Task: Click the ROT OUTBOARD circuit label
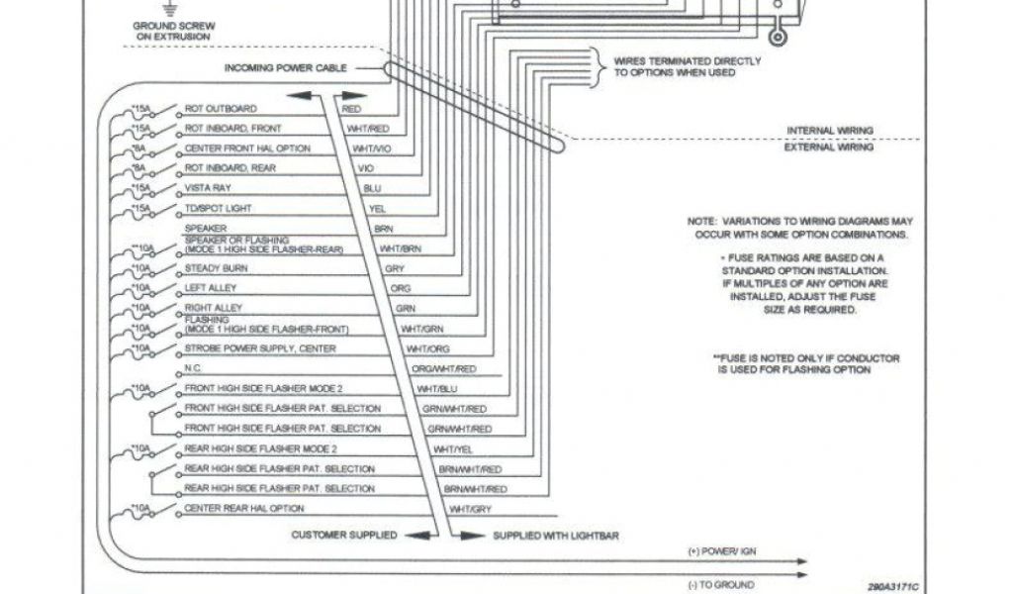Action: tap(221, 108)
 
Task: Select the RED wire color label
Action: tap(351, 109)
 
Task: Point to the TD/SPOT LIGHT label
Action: tap(219, 208)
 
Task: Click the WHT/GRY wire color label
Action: tap(471, 509)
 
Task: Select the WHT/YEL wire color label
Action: tap(454, 448)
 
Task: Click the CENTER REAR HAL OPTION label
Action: tap(244, 508)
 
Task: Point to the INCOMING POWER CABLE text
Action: tap(286, 68)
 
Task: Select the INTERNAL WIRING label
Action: tap(829, 130)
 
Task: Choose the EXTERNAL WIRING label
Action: tap(829, 148)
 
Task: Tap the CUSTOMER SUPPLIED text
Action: tap(343, 535)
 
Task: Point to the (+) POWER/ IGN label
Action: tap(721, 550)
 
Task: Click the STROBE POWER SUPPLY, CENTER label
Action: tap(260, 348)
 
